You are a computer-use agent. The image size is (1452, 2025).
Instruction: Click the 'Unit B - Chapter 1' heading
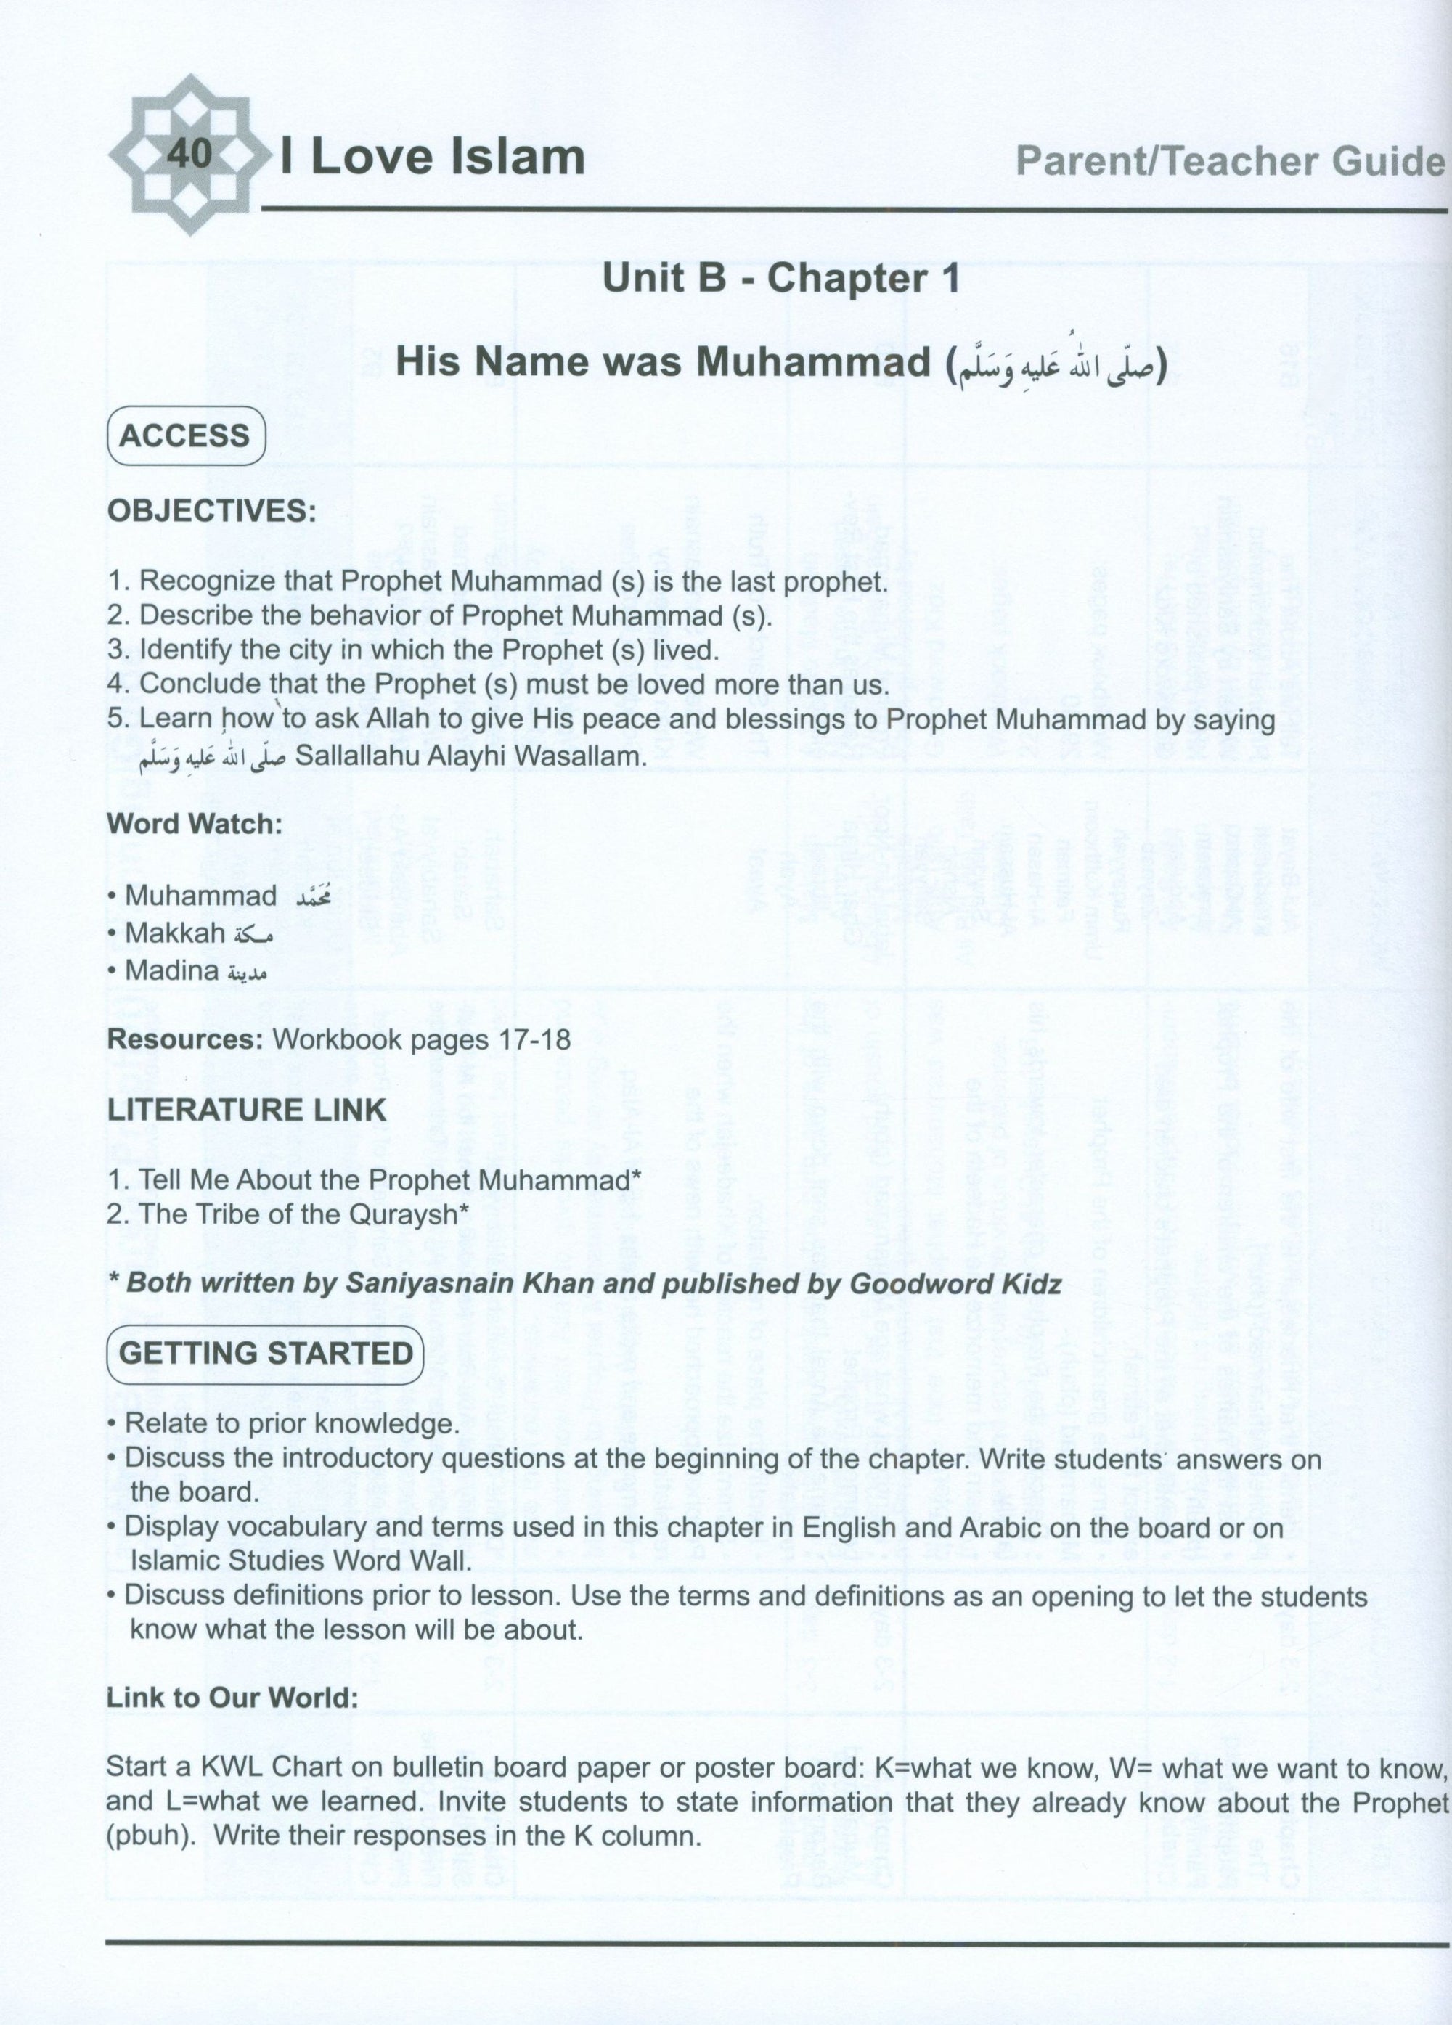pyautogui.click(x=781, y=279)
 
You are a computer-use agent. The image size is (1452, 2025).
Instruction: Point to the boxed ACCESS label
pyautogui.click(x=185, y=435)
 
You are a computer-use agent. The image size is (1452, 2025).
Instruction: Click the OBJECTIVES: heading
pyautogui.click(x=212, y=512)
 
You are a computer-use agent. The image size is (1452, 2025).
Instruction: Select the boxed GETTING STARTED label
pyautogui.click(x=265, y=1353)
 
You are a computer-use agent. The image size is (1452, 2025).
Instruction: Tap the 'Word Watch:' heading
pyautogui.click(x=194, y=824)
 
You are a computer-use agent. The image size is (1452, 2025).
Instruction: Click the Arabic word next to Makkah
pyautogui.click(x=252, y=934)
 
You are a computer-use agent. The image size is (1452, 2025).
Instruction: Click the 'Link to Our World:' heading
pyautogui.click(x=232, y=1698)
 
